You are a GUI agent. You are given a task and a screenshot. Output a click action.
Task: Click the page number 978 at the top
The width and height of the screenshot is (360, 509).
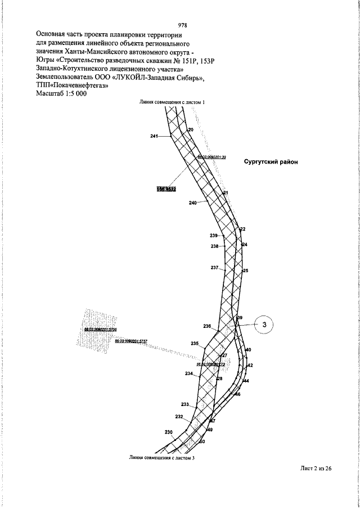tap(182, 25)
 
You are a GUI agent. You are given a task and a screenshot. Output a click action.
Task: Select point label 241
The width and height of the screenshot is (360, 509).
tap(155, 136)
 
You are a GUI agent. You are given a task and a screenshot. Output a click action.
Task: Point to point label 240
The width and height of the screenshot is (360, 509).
tap(193, 203)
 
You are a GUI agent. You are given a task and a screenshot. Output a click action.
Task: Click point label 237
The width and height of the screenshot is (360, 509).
tap(214, 268)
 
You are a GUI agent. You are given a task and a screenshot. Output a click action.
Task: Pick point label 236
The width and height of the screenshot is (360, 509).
tap(207, 326)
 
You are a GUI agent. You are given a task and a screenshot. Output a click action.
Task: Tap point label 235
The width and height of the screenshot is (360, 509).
tap(195, 344)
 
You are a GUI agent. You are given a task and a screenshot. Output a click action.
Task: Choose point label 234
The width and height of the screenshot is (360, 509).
tap(189, 373)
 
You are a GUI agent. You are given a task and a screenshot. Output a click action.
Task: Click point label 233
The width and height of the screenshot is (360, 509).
tap(185, 404)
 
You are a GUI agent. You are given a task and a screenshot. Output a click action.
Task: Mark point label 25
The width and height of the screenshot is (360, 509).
tap(245, 271)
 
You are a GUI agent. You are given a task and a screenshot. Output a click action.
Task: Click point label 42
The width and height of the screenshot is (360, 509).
tap(250, 366)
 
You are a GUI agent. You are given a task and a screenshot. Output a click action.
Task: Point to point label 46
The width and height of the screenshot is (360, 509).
tap(238, 395)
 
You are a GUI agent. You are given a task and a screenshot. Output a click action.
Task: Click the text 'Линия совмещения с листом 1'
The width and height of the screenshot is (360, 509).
tap(173, 102)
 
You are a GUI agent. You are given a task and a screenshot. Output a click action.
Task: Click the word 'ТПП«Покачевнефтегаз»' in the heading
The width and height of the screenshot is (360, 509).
tap(71, 85)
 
